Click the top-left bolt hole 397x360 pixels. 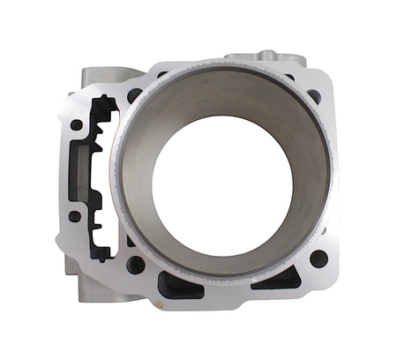134,94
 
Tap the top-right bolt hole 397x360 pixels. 314,96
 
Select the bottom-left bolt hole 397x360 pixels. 136,264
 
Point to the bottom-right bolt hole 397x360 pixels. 318,259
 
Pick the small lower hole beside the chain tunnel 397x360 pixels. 75,215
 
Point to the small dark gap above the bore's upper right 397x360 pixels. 290,78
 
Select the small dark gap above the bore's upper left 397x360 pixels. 162,75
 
